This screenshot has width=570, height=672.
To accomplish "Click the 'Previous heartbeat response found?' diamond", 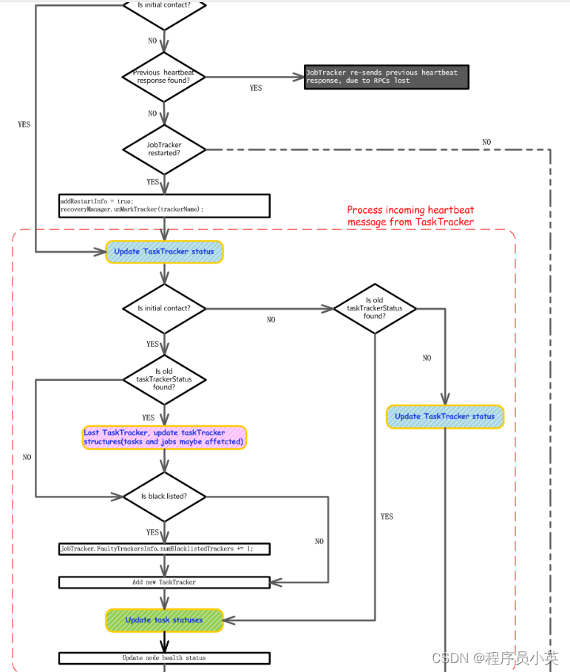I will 163,77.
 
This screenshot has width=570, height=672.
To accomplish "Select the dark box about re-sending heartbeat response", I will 386,77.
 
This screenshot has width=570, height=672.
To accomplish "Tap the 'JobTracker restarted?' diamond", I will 163,149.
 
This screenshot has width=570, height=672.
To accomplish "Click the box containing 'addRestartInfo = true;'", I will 163,205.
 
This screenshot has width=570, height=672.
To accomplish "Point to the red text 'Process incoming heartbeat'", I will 410,210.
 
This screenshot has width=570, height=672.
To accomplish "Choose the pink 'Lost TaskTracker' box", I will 163,437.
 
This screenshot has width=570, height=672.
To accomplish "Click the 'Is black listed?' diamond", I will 163,497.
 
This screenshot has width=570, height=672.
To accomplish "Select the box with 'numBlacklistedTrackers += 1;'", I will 163,549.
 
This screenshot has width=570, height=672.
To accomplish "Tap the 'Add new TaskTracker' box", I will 163,583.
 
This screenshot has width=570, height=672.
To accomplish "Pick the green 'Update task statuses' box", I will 163,620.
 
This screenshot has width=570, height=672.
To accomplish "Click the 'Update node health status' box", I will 163,657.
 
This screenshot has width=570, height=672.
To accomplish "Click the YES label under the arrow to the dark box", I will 256,88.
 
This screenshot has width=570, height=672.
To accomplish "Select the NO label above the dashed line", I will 486,142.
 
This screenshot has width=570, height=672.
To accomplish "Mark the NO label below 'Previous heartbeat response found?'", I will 152,114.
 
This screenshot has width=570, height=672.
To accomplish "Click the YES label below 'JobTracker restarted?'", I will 152,182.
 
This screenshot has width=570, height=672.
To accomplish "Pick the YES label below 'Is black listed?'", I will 152,532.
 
